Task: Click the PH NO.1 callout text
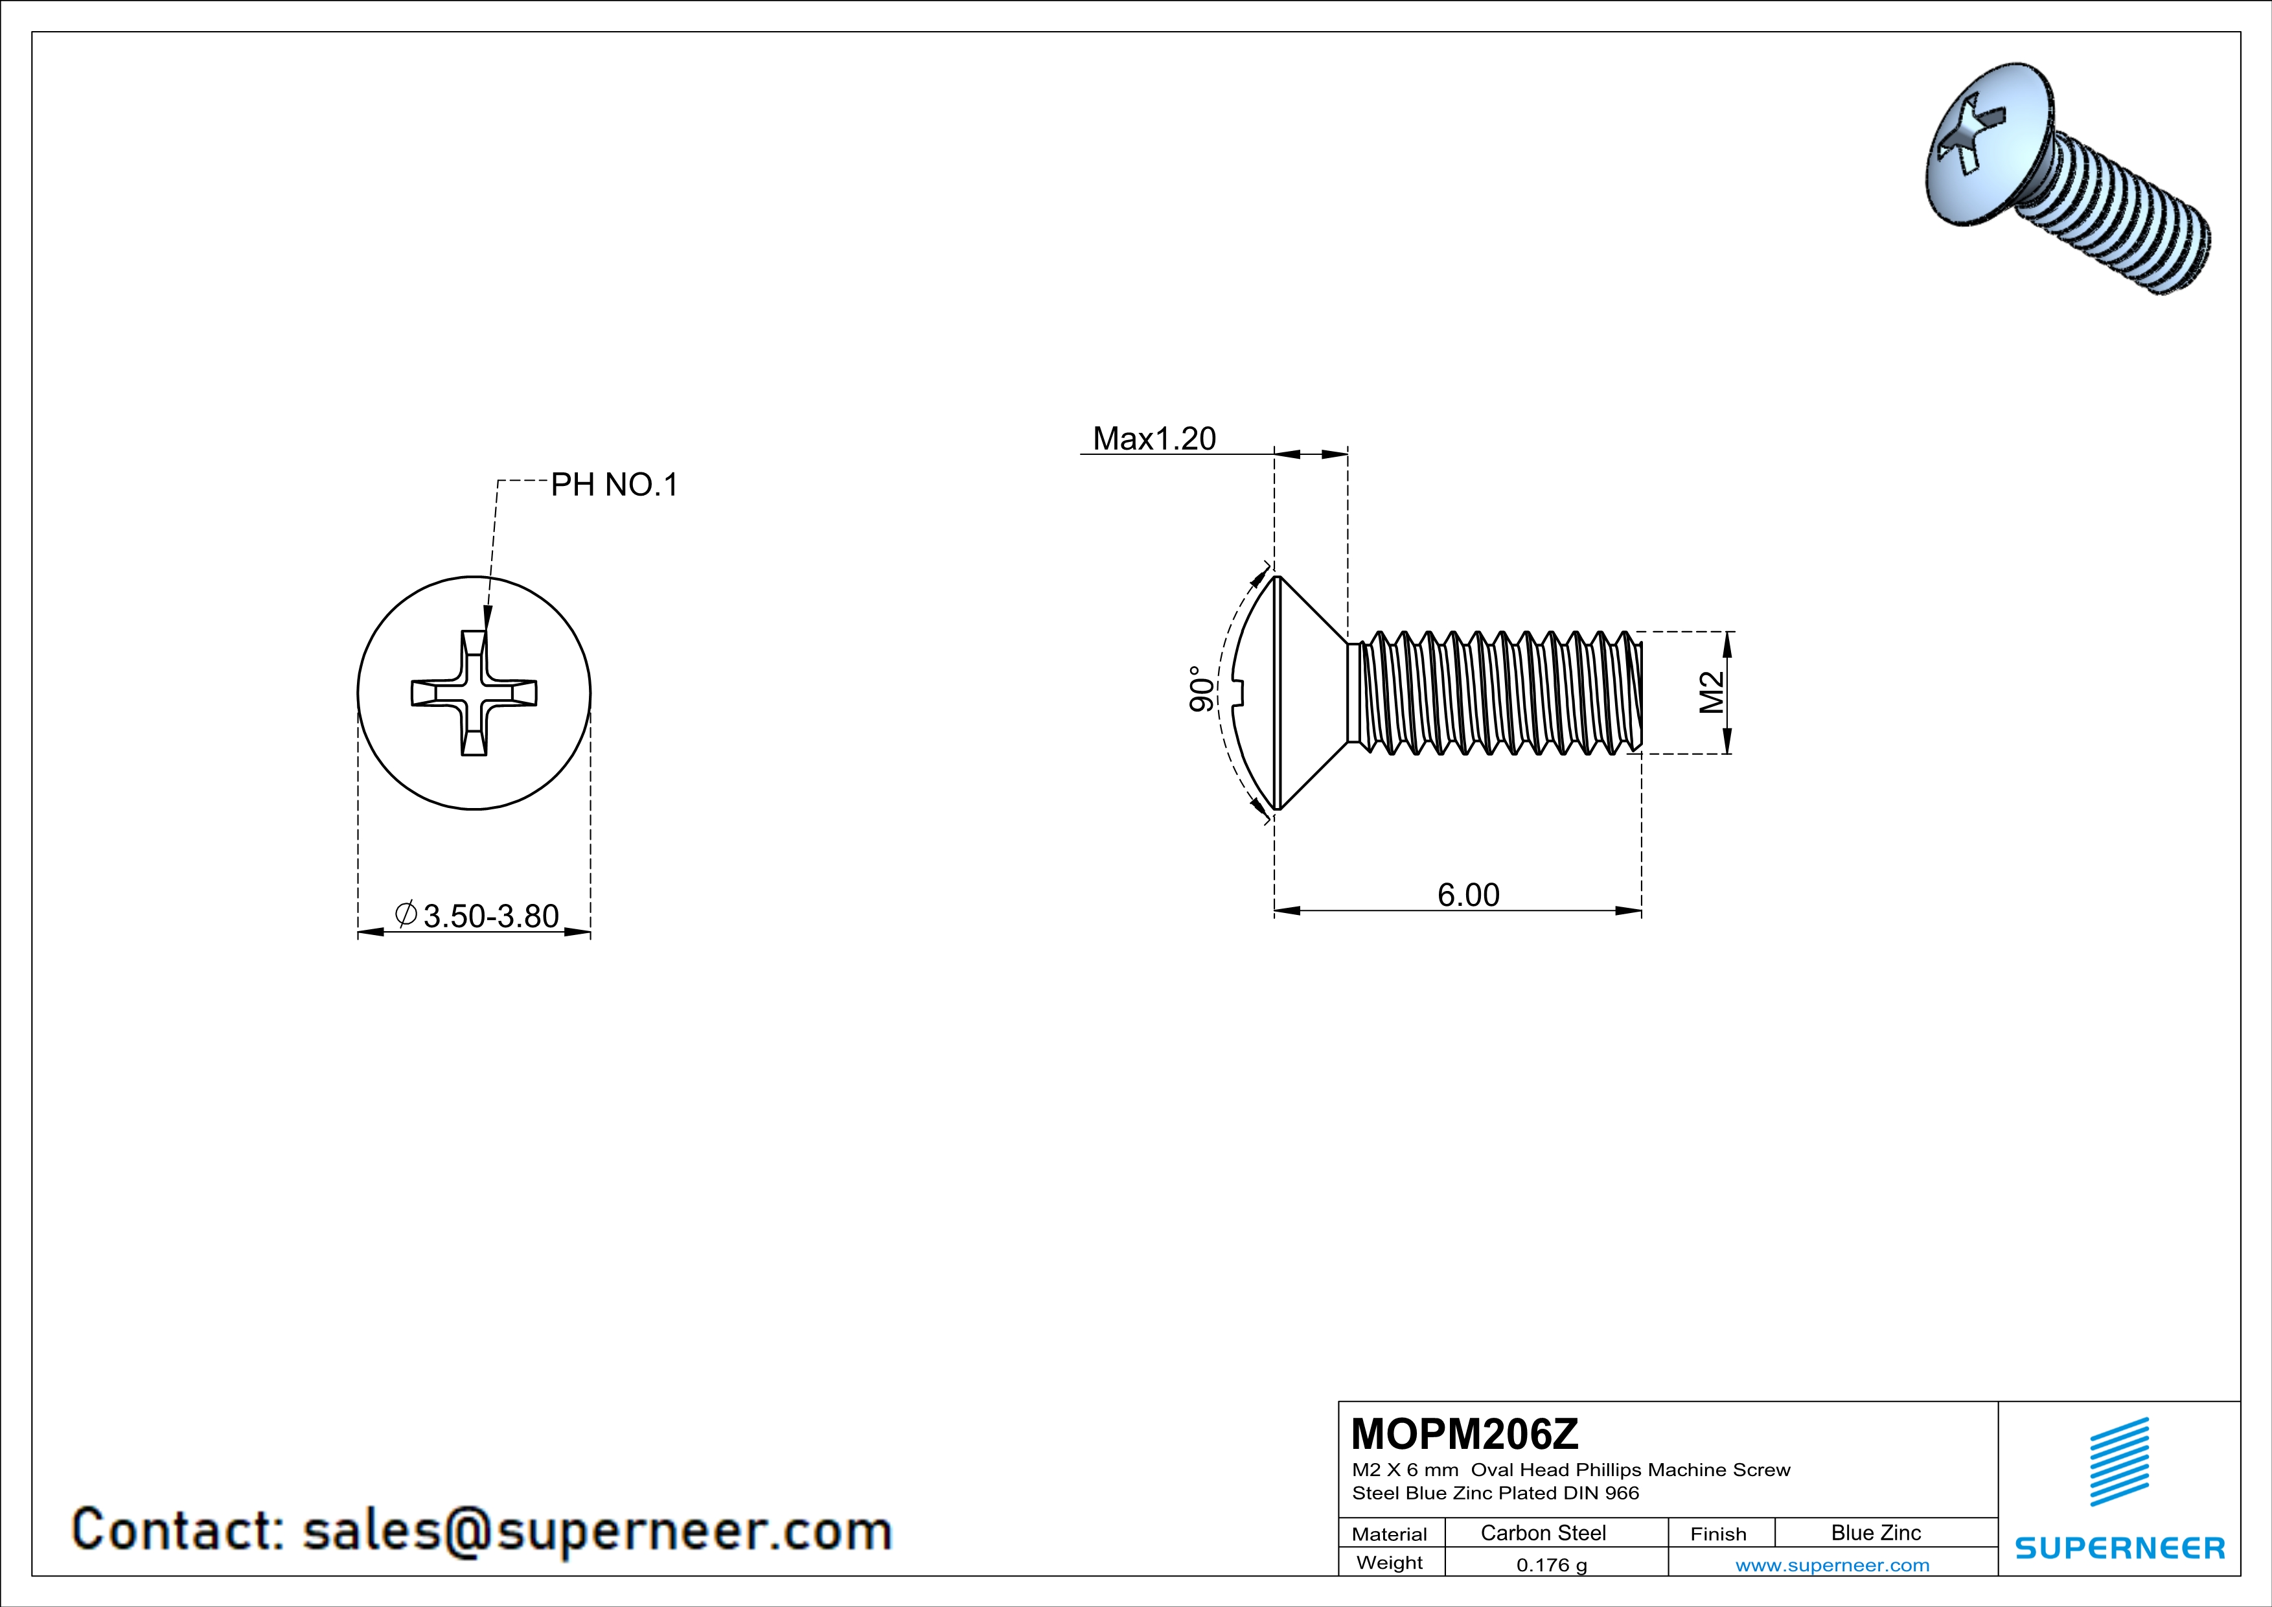tap(614, 485)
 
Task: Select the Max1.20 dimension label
tap(1154, 439)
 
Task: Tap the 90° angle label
tap(1200, 689)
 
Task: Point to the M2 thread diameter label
tap(1711, 693)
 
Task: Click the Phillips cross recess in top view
tap(474, 693)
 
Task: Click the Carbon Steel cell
tap(1543, 1532)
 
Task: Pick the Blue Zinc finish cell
tap(1875, 1532)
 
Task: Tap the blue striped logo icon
tap(2118, 1462)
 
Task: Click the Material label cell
tap(1390, 1534)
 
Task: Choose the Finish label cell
tap(1718, 1534)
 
